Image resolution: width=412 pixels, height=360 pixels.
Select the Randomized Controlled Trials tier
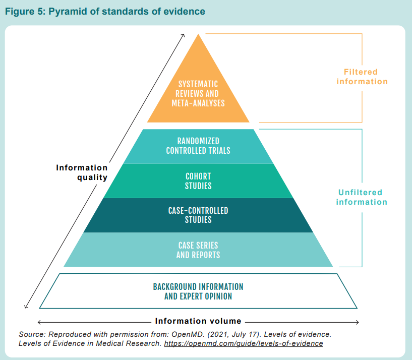click(x=198, y=146)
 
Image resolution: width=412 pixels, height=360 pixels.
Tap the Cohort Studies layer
click(x=198, y=181)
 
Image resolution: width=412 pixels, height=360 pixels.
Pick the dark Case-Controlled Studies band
click(x=198, y=215)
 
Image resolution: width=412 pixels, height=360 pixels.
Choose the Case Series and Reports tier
click(x=198, y=250)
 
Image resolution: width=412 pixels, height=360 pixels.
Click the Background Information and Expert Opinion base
click(x=198, y=291)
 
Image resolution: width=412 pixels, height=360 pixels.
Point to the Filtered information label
click(x=362, y=77)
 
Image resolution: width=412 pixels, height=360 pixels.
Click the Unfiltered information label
click(x=362, y=197)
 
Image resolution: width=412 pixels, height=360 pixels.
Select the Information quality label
click(x=82, y=172)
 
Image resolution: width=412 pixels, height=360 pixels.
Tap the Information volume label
click(x=198, y=321)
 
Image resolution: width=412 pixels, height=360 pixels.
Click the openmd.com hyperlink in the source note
click(x=251, y=343)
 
